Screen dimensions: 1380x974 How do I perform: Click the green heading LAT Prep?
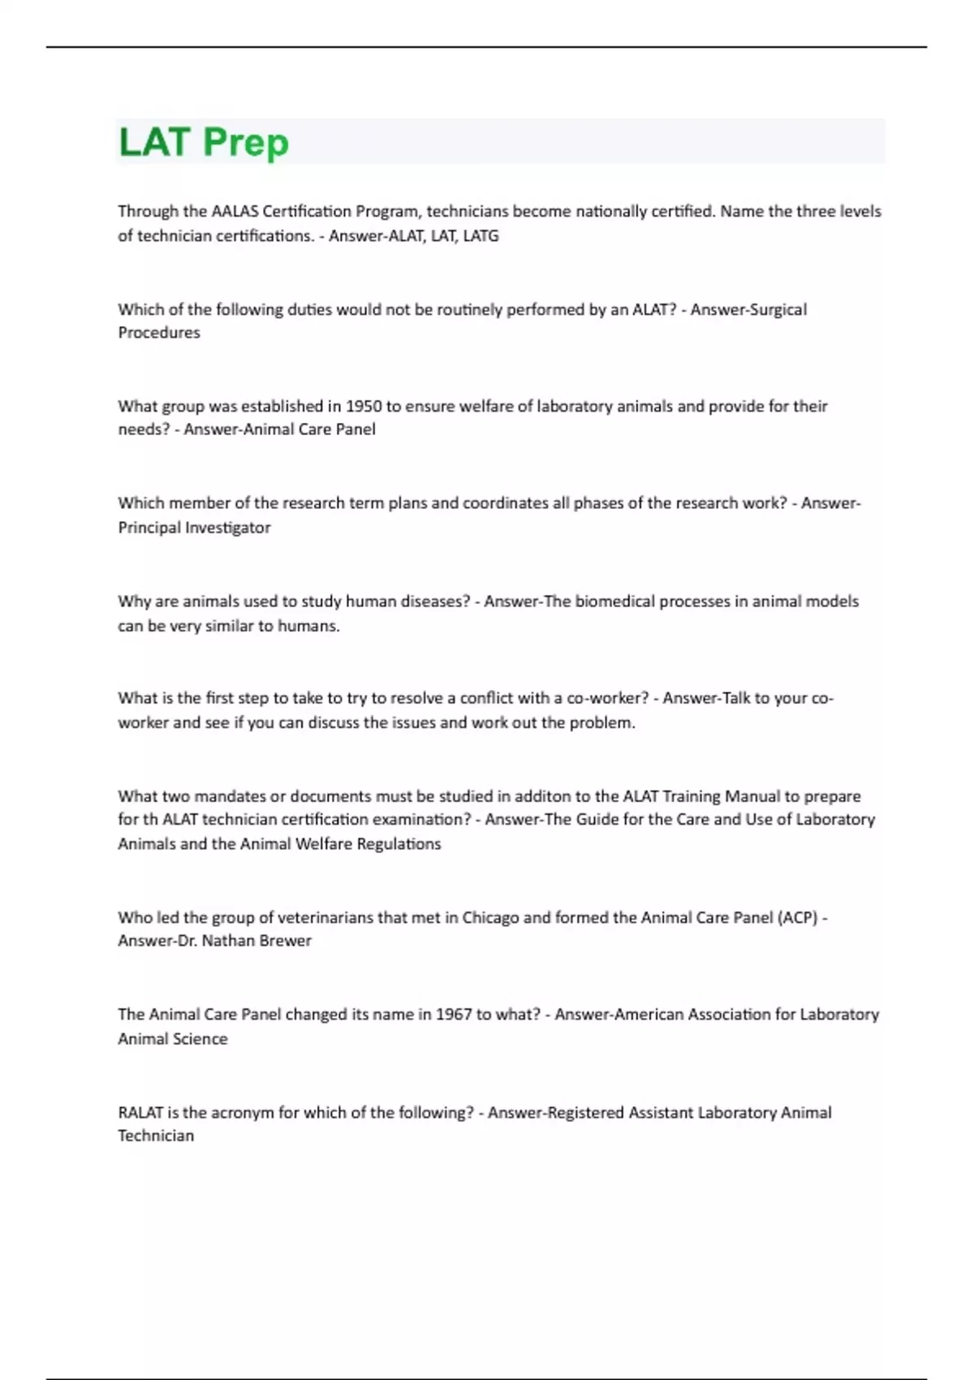(204, 142)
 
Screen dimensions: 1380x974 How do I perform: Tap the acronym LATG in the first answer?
(481, 235)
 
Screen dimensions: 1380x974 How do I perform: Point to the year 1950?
(364, 406)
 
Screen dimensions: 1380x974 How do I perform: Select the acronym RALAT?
(140, 1112)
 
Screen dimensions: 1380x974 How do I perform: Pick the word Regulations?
(399, 843)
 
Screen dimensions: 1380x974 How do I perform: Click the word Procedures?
(159, 332)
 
